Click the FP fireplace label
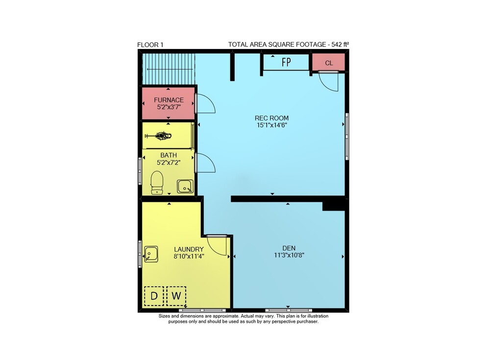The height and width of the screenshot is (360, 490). [286, 62]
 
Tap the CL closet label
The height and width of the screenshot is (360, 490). [329, 63]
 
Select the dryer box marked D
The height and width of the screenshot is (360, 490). [154, 296]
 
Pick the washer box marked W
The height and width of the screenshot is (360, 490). [176, 296]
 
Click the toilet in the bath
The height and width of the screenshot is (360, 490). [157, 183]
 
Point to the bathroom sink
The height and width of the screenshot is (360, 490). [185, 187]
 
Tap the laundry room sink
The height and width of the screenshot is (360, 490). [151, 254]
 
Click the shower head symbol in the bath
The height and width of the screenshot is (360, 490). [158, 136]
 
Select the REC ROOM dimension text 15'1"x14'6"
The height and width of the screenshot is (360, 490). [272, 125]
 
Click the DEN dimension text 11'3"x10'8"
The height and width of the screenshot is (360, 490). [289, 255]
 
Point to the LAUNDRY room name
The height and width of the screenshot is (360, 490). [189, 249]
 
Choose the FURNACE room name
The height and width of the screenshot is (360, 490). [169, 100]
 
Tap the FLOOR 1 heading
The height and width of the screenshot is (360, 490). [150, 45]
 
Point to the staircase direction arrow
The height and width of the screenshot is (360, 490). [170, 70]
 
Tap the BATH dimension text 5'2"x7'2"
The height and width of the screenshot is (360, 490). [169, 163]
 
